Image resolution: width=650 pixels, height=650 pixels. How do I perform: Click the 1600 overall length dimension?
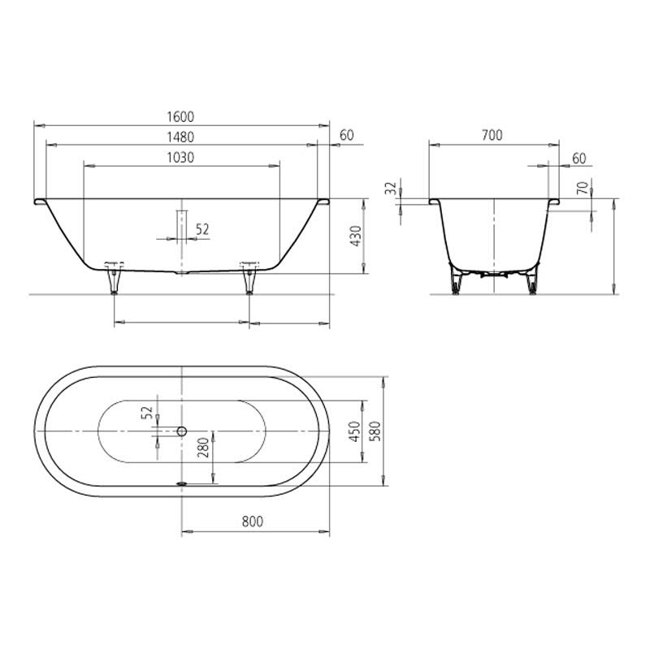pos(180,117)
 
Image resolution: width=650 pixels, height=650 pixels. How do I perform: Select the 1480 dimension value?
pos(180,137)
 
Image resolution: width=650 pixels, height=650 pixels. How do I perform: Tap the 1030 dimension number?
pos(180,158)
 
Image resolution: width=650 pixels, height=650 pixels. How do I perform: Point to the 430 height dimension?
pos(356,236)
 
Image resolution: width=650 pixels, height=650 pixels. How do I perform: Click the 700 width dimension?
pos(492,135)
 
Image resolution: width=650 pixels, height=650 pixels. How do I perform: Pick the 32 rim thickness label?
pos(391,188)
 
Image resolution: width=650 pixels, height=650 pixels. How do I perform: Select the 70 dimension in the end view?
pos(583,188)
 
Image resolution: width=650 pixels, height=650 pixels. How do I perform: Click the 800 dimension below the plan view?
pos(253,522)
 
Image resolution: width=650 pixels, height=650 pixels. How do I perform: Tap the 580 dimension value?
pos(375,431)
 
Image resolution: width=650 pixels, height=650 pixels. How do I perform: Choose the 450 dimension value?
pos(355,431)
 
